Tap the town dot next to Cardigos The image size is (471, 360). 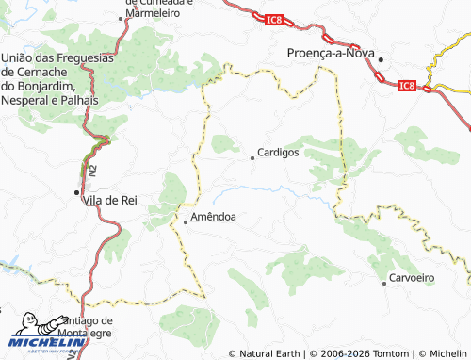tap(252, 158)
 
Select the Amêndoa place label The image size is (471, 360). tap(213, 217)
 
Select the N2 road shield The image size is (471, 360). tap(92, 172)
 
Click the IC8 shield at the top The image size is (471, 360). tap(273, 19)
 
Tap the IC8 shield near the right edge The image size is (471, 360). tap(407, 86)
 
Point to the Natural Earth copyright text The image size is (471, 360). tap(270, 353)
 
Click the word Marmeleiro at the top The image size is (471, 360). tap(158, 15)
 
